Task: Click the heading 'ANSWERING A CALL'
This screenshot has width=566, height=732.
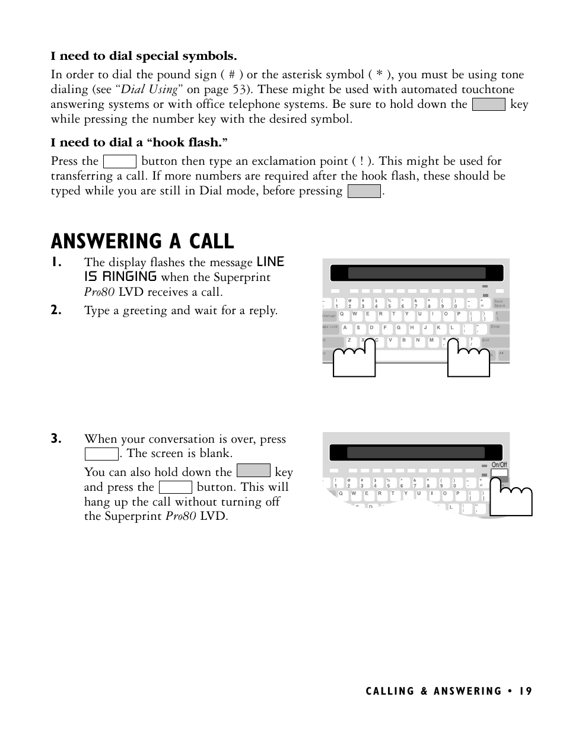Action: tap(142, 241)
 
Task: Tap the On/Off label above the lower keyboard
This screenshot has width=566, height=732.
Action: tap(499, 465)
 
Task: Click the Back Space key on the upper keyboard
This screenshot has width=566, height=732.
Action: tap(499, 303)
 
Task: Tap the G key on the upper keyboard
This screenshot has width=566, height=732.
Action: tap(399, 328)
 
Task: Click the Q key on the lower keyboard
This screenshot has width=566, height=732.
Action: tap(341, 493)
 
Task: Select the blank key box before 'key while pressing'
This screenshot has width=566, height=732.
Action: tap(488, 105)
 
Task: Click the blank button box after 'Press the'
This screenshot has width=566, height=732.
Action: tap(120, 161)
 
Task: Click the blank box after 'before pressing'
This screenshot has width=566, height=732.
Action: tap(364, 191)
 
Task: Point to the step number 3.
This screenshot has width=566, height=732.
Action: tap(56, 439)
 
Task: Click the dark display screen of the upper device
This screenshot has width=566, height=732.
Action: tap(416, 273)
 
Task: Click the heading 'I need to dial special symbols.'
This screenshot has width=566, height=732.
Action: tap(144, 56)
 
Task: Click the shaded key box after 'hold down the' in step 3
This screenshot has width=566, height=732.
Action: tap(253, 471)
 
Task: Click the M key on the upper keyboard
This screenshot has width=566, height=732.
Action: tap(431, 340)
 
